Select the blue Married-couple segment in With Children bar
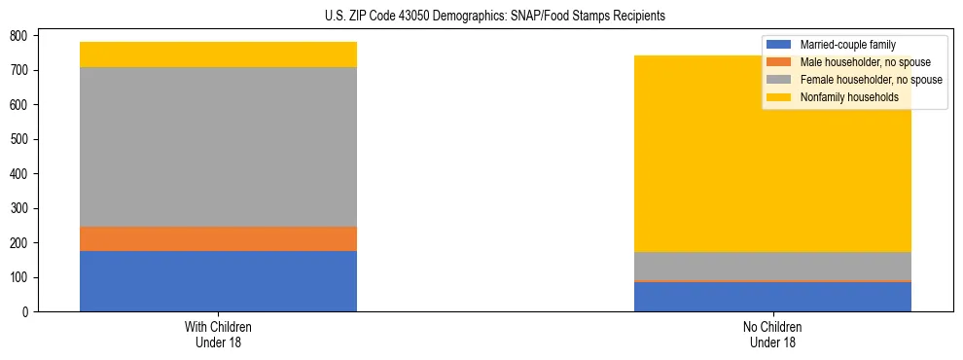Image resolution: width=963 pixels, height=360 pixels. click(218, 281)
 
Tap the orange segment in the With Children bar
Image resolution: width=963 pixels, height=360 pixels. click(218, 238)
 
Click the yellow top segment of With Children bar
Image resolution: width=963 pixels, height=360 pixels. click(218, 54)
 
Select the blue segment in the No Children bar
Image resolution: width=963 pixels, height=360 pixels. click(772, 297)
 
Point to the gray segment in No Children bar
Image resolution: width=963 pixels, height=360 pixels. click(772, 267)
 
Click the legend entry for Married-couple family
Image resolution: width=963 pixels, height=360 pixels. click(847, 45)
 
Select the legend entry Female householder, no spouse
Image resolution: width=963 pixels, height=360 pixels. click(871, 80)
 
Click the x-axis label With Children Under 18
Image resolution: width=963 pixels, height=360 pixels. click(218, 334)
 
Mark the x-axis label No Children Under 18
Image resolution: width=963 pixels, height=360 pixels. click(772, 334)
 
